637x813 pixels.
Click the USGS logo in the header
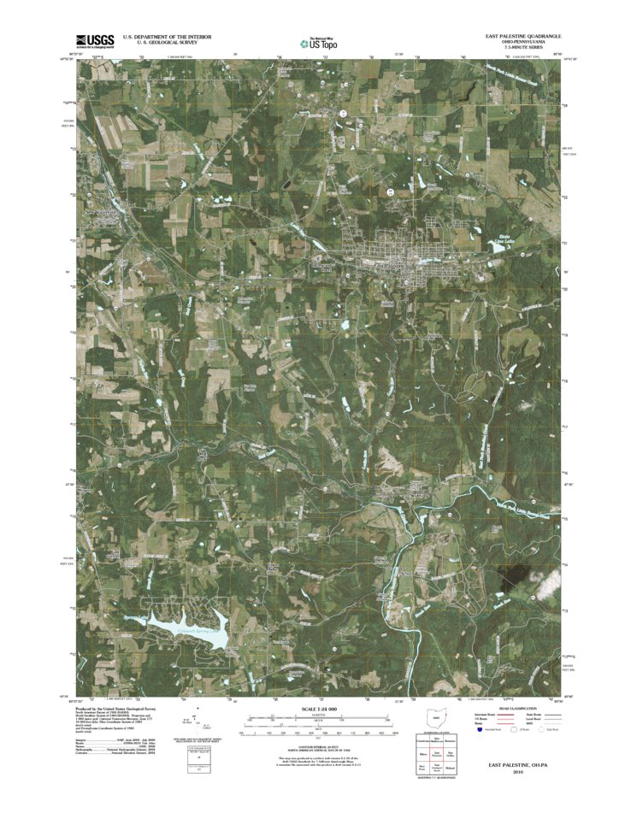[x=95, y=39]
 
